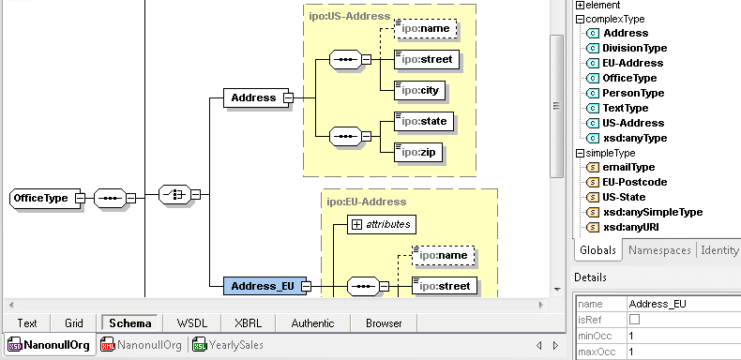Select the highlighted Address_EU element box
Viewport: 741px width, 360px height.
pos(256,287)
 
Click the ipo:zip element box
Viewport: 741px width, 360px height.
pos(417,151)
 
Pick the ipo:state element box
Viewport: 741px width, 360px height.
pos(424,120)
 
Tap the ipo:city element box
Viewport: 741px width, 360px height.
pos(420,91)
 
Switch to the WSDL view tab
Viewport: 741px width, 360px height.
pos(191,323)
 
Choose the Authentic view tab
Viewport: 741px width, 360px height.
pos(311,323)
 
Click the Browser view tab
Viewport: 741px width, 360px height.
pos(384,323)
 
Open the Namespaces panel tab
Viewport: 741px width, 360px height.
pos(658,250)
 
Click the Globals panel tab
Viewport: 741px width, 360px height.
pos(597,250)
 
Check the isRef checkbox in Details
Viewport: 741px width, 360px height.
pos(634,320)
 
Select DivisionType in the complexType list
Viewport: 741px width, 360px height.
pos(635,48)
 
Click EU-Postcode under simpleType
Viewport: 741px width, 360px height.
pos(635,182)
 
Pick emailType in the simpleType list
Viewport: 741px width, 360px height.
pos(628,167)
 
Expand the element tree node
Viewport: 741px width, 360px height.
pos(580,5)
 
